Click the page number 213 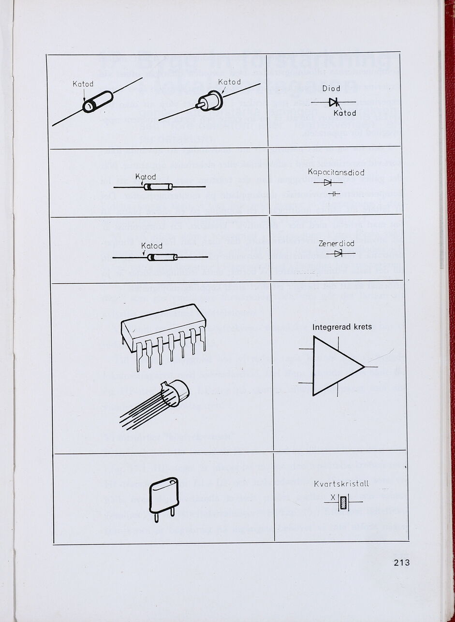[401, 562]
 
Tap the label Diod [331, 88]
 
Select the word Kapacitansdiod [336, 173]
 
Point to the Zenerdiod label [337, 244]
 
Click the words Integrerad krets [342, 327]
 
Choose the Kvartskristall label [341, 484]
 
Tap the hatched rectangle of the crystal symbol [344, 502]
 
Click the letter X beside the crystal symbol [333, 498]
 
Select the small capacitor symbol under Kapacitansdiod [334, 193]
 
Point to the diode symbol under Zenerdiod [338, 253]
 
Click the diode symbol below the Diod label [333, 102]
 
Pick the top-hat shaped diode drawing [210, 101]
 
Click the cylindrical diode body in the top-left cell [98, 101]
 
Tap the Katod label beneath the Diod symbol [345, 113]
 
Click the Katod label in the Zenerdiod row [152, 246]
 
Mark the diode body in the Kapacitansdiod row [158, 187]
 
